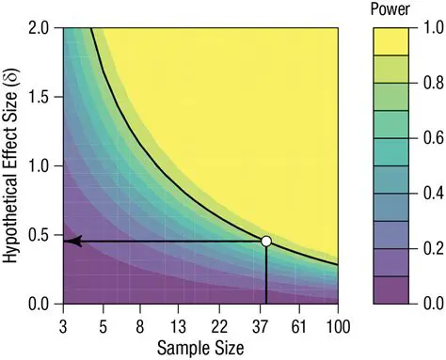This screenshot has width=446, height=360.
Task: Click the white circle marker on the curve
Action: pyautogui.click(x=266, y=242)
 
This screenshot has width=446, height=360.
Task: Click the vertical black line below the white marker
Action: pyautogui.click(x=267, y=277)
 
